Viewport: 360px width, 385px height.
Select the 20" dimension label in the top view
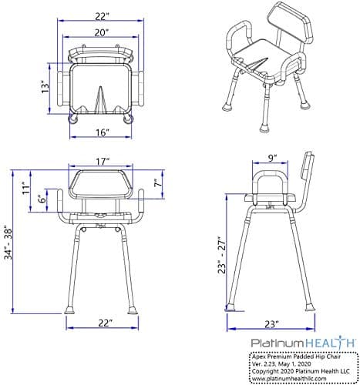(102, 33)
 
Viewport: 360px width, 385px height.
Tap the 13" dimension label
(47, 87)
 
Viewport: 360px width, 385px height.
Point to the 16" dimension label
(101, 132)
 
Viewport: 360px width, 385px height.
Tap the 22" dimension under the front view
(106, 321)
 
